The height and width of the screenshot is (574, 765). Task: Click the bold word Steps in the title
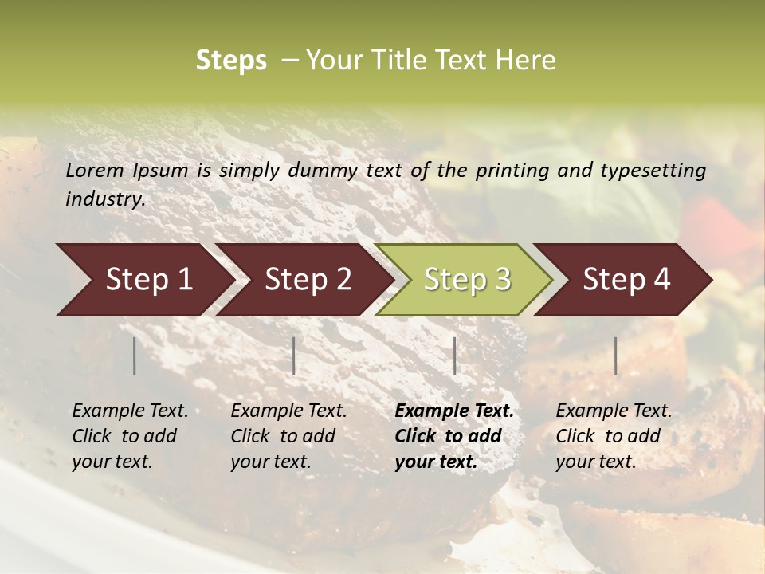point(231,61)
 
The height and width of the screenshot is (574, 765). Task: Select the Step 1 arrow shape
point(143,279)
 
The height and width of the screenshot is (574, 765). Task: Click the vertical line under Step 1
point(135,356)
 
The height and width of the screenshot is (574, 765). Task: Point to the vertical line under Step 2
point(294,356)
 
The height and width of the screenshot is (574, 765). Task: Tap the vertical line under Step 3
point(454,356)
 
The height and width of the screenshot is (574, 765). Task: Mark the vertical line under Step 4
point(615,356)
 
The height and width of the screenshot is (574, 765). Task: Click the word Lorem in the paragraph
point(95,171)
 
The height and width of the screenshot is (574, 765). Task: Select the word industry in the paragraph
point(104,199)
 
